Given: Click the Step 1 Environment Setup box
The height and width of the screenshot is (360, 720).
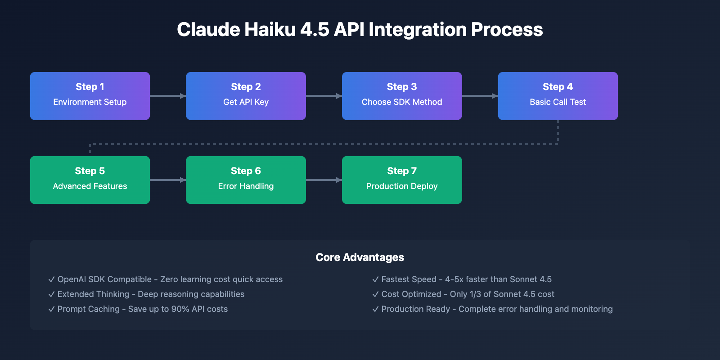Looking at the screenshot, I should pyautogui.click(x=90, y=96).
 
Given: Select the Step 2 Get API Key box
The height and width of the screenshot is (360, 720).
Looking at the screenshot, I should pyautogui.click(x=246, y=96).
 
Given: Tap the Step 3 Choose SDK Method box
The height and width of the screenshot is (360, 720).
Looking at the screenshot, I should pyautogui.click(x=402, y=96).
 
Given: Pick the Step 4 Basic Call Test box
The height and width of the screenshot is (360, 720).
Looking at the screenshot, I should pyautogui.click(x=558, y=96).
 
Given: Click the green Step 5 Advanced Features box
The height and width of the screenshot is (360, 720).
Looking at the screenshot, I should pyautogui.click(x=90, y=180).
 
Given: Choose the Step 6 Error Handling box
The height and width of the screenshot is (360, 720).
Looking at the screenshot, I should pyautogui.click(x=246, y=180).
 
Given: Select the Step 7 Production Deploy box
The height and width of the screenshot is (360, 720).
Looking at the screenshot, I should pyautogui.click(x=402, y=180).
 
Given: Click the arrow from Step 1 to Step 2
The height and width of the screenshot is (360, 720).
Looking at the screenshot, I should pyautogui.click(x=168, y=96).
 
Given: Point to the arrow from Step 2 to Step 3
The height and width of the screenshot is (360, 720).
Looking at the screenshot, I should pyautogui.click(x=324, y=96).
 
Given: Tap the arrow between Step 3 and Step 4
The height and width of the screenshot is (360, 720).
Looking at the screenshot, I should pyautogui.click(x=480, y=96).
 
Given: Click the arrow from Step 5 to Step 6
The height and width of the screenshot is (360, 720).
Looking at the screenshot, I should pyautogui.click(x=168, y=180).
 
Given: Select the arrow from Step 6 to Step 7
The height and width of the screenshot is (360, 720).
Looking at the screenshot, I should pyautogui.click(x=324, y=180).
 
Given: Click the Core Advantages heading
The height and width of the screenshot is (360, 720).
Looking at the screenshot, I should pyautogui.click(x=360, y=257).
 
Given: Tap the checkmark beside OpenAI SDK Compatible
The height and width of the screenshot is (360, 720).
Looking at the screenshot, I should pyautogui.click(x=51, y=279).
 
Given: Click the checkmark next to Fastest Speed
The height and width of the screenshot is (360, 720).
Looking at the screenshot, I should pyautogui.click(x=375, y=279).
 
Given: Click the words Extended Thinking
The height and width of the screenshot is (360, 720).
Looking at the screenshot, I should pyautogui.click(x=93, y=294).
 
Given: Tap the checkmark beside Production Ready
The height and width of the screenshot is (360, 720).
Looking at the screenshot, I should pyautogui.click(x=375, y=309).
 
